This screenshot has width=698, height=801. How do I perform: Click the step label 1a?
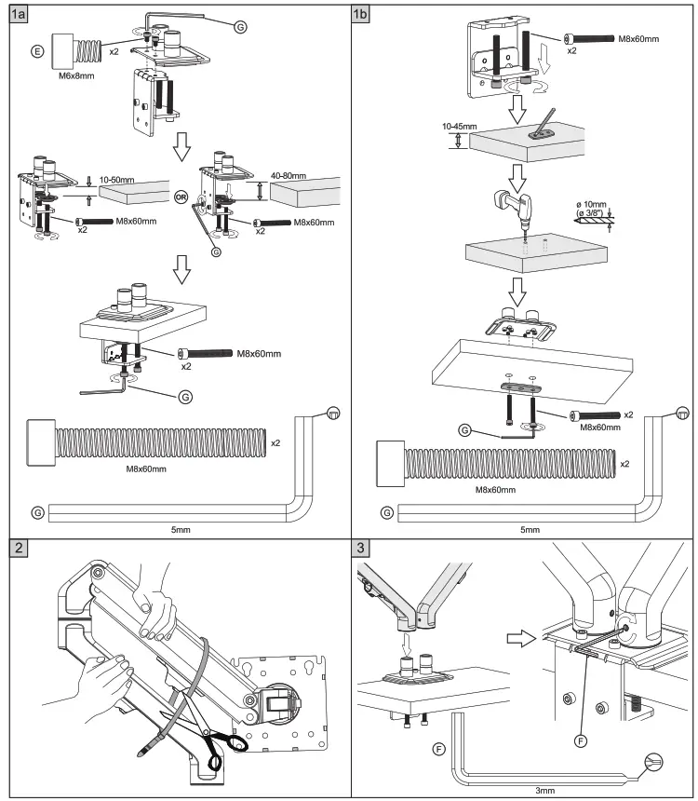16,13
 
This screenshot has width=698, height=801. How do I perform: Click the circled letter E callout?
37,50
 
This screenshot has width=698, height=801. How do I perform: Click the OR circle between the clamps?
182,196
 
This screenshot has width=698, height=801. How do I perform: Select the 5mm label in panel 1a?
180,529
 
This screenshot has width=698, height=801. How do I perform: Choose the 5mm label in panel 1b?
529,529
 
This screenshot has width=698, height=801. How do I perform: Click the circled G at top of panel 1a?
240,28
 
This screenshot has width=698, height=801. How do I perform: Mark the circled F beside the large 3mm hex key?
437,748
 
